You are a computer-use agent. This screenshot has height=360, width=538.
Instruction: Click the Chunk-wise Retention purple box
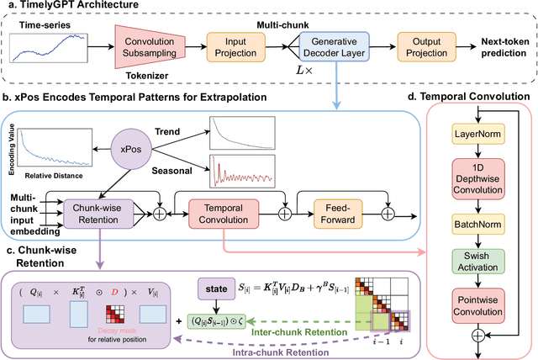[x=98, y=207]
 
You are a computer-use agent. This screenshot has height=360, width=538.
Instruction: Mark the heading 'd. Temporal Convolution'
[x=467, y=98]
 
